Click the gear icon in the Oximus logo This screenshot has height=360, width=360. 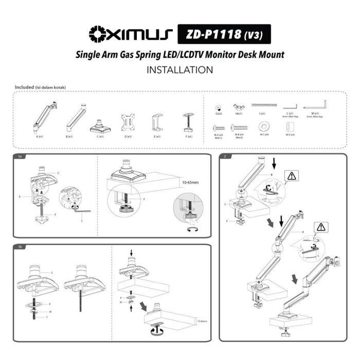tap(97, 34)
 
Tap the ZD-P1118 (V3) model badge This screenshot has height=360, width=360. tap(224, 35)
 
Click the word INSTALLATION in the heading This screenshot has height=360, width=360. tap(180, 69)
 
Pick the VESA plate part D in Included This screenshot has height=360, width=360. tap(128, 122)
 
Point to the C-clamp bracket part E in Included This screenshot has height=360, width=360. tap(158, 123)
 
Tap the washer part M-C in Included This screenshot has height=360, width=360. tap(264, 126)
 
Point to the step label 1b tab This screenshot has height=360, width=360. tap(20, 247)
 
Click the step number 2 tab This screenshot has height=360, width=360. tap(225, 156)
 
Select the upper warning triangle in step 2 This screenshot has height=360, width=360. tap(292, 176)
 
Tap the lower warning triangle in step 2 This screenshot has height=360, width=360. tap(322, 227)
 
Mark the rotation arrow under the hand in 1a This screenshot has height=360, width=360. tap(193, 230)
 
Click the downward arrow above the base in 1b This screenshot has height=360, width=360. tap(132, 253)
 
